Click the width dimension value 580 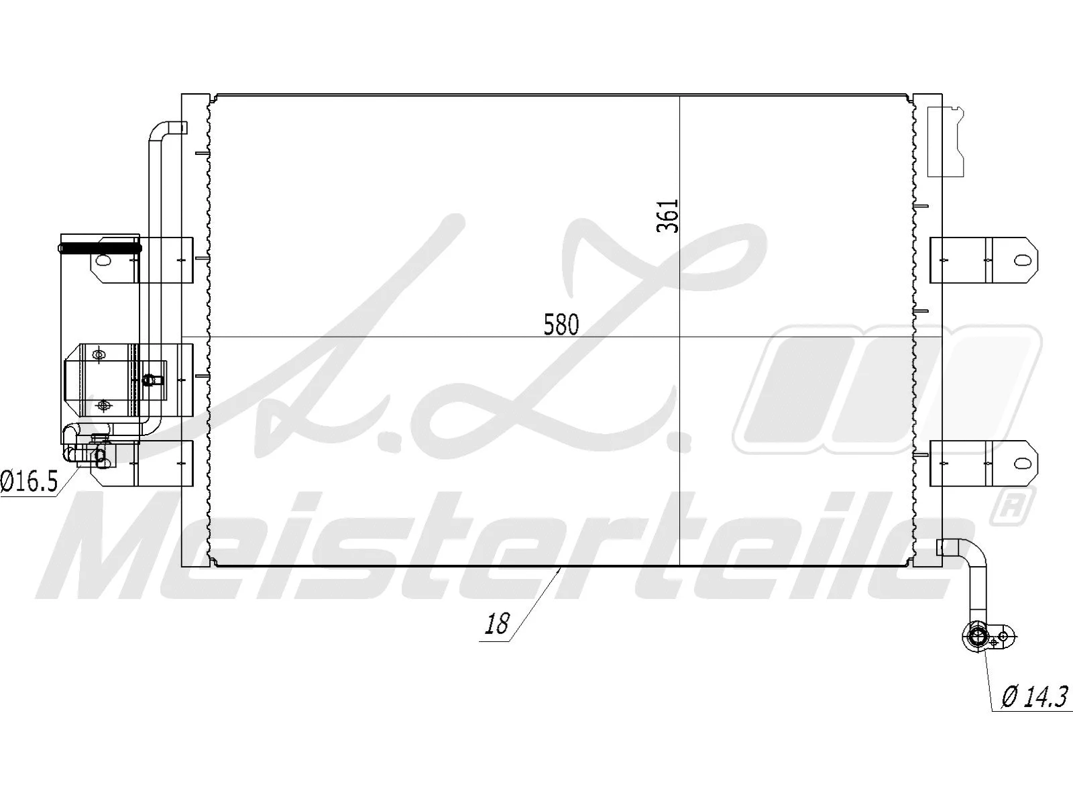[x=561, y=325]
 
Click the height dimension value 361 [x=668, y=216]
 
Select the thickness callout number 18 [x=497, y=625]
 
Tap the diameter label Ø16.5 [x=29, y=482]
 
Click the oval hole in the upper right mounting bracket [x=1021, y=260]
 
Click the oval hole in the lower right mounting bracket [x=1021, y=463]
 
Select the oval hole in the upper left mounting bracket [x=106, y=260]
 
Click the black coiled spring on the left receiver [x=101, y=248]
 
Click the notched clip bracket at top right [x=945, y=141]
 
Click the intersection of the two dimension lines [x=680, y=337]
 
